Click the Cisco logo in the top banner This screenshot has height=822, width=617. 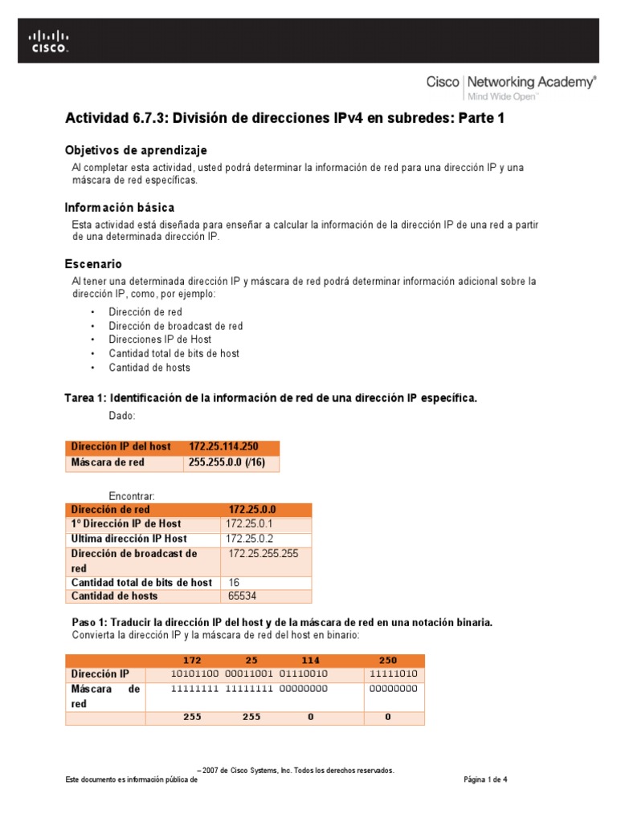[49, 42]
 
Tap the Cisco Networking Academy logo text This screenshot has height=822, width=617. [511, 83]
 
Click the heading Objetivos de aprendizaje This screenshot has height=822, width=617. [136, 150]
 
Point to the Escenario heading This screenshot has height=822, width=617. [93, 263]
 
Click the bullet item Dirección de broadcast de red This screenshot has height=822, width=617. [176, 326]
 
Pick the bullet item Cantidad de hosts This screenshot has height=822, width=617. [149, 368]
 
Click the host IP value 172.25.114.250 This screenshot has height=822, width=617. [224, 446]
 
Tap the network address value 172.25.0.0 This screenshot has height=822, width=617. [252, 510]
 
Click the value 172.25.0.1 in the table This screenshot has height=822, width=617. [250, 524]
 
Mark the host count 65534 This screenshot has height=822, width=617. [243, 596]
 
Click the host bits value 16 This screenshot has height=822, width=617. [235, 582]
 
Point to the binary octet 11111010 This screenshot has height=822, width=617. [394, 675]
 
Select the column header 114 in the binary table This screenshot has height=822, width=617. [310, 660]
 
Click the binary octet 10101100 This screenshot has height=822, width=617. [194, 675]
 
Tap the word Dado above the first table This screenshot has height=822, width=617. [122, 416]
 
